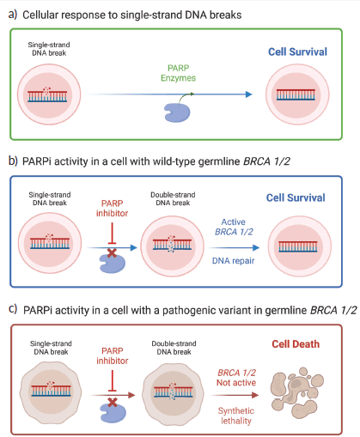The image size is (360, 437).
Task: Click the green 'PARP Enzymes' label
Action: pyautogui.click(x=178, y=73)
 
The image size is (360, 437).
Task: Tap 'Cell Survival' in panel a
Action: pyautogui.click(x=297, y=52)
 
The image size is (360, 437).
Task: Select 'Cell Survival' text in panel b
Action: pyautogui.click(x=296, y=197)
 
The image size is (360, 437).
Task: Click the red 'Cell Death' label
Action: pyautogui.click(x=296, y=344)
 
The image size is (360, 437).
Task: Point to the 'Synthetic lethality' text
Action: pyautogui.click(x=236, y=416)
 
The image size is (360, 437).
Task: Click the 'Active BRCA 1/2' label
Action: pyautogui.click(x=234, y=227)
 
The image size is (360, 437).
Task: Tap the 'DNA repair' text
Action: pyautogui.click(x=233, y=261)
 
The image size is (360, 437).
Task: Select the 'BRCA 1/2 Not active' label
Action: pyautogui.click(x=236, y=378)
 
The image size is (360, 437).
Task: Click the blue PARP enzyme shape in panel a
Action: pyautogui.click(x=177, y=112)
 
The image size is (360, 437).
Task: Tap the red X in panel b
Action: pyautogui.click(x=112, y=252)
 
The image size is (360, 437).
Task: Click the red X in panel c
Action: pyautogui.click(x=113, y=402)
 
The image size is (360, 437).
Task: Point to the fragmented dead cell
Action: pyautogui.click(x=297, y=392)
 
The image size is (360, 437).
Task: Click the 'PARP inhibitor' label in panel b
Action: pyautogui.click(x=112, y=209)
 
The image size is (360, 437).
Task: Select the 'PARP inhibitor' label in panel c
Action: pyautogui.click(x=113, y=355)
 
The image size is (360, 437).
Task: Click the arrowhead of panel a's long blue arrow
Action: pyautogui.click(x=249, y=94)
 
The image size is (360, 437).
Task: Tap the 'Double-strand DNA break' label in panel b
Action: pyautogui.click(x=173, y=198)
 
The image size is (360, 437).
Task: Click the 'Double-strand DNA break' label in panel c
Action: pyautogui.click(x=174, y=348)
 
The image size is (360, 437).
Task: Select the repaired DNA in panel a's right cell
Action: pyautogui.click(x=296, y=94)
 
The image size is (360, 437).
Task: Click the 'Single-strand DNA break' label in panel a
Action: pyautogui.click(x=49, y=49)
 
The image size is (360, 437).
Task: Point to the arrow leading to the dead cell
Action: pyautogui.click(x=235, y=395)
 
